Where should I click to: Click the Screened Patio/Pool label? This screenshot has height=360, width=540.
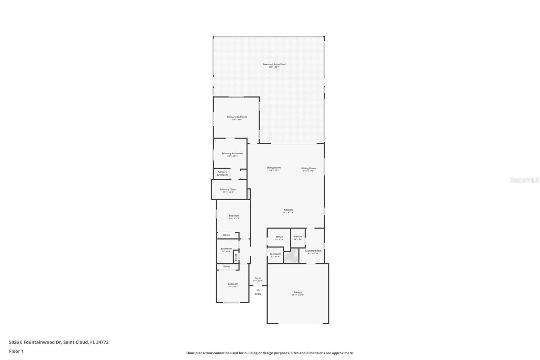[274, 65]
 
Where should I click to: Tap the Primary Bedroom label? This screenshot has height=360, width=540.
[237, 117]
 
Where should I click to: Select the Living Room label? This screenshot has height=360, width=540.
[274, 168]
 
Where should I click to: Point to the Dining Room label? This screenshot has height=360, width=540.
[308, 169]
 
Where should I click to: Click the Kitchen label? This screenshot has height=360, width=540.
[288, 210]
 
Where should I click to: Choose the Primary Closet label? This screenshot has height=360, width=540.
[228, 189]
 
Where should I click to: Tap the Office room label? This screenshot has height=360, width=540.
[279, 237]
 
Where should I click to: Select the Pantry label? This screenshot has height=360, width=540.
[298, 237]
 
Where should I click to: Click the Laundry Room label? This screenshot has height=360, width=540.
[313, 251]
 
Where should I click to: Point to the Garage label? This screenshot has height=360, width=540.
[298, 292]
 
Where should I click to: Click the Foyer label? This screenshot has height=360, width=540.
[258, 278]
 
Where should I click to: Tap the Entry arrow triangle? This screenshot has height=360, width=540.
[258, 290]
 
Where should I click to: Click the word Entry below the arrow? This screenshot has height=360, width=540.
[258, 294]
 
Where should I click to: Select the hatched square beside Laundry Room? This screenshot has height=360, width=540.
[291, 256]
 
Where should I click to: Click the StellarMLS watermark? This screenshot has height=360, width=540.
[524, 180]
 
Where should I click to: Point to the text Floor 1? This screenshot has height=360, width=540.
[16, 351]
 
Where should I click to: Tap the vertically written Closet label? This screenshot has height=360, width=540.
[236, 257]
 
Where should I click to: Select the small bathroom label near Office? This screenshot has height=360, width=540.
[275, 254]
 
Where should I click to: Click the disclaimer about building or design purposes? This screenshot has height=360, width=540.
[270, 353]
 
